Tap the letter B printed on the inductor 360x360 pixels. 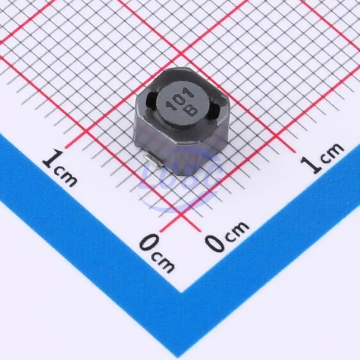191,111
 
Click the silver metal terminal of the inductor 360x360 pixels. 153,160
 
